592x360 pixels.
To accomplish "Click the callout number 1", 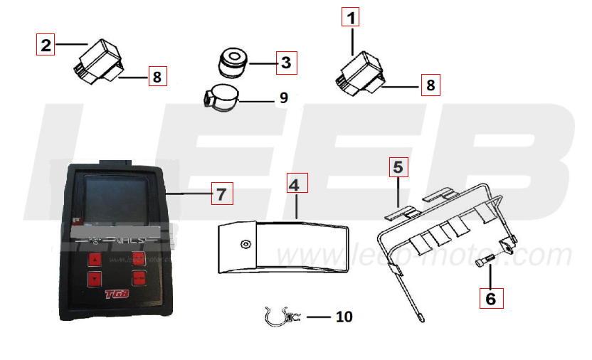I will point(351,16).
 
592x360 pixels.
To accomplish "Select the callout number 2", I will point(46,46).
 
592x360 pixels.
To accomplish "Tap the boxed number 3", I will point(285,63).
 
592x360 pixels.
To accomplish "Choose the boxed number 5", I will point(398,167).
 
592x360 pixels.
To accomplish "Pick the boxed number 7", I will point(221,193).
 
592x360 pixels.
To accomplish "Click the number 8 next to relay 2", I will point(157,75).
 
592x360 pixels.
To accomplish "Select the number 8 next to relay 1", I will point(429,85).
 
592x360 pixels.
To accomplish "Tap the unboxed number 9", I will point(284,97).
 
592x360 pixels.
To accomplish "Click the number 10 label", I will point(344,317).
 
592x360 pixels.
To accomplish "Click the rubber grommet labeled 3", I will point(233,62).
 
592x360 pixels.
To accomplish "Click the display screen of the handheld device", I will point(113,199).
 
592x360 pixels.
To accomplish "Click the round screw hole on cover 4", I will point(245,245).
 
